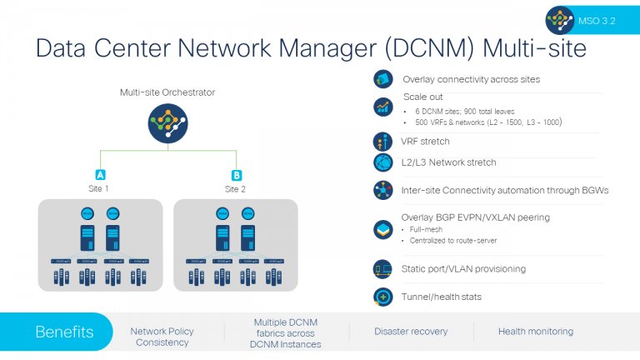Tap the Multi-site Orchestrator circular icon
(x=167, y=123)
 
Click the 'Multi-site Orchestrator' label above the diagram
(x=167, y=92)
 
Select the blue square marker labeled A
(x=100, y=175)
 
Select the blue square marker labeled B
(x=236, y=175)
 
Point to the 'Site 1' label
(x=99, y=189)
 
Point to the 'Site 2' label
(x=236, y=189)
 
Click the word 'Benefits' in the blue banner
(x=64, y=332)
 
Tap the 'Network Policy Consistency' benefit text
(x=162, y=337)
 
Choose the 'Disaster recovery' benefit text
(x=411, y=332)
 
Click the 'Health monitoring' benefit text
(x=536, y=332)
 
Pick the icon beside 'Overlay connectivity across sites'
(x=383, y=80)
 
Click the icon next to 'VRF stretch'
(x=383, y=142)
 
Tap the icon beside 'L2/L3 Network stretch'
(x=383, y=162)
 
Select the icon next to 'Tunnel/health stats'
(x=383, y=297)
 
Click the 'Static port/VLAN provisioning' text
(x=463, y=268)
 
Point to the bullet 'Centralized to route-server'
(x=454, y=239)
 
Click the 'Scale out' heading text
(x=422, y=97)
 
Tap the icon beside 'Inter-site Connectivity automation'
(x=383, y=190)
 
